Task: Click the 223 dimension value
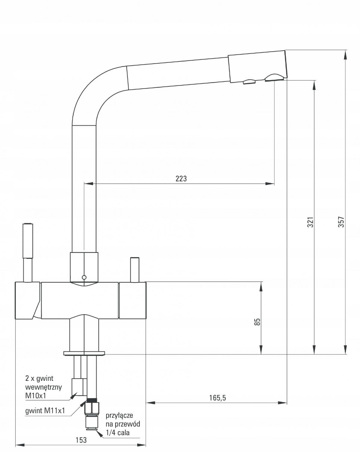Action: coord(181,178)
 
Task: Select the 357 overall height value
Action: coord(341,222)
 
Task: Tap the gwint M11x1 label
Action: coord(45,410)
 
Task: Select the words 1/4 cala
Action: coord(117,432)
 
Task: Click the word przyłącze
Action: coord(119,416)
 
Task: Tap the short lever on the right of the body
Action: coord(135,270)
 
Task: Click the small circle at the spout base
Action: coord(84,278)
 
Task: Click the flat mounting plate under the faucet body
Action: coord(84,353)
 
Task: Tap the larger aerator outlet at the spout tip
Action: coord(274,78)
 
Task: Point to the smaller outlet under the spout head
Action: coord(249,81)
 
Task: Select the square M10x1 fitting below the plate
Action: coord(79,387)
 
